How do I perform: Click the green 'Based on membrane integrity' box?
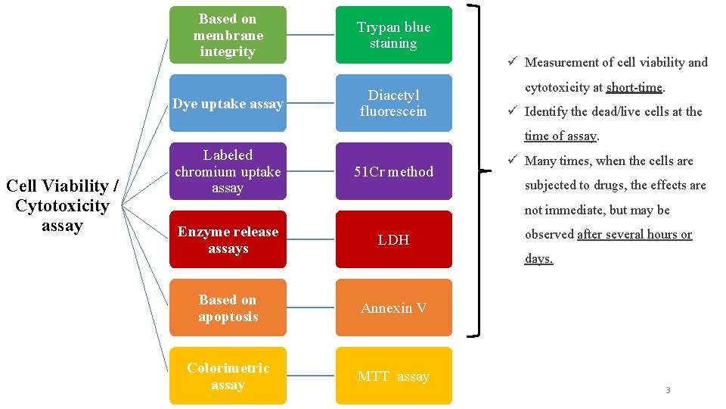[x=228, y=35]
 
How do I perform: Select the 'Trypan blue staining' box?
[x=393, y=35]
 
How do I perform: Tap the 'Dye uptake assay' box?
[x=228, y=103]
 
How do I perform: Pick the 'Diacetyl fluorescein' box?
[x=393, y=103]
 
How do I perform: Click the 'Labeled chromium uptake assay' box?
[x=228, y=171]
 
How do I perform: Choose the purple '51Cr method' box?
[x=393, y=171]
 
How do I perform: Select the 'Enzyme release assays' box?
[x=228, y=239]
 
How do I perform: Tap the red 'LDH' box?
[x=393, y=239]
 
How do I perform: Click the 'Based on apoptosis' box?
[x=228, y=308]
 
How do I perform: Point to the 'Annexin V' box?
[x=393, y=308]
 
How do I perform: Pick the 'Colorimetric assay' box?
[x=228, y=376]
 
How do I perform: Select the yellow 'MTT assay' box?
[x=393, y=376]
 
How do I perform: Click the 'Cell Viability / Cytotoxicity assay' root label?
[x=62, y=205]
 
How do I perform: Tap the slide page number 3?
[x=668, y=390]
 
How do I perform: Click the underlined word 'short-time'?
[x=634, y=87]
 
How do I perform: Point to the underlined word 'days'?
[x=538, y=258]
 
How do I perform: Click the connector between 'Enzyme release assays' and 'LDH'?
[x=311, y=239]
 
